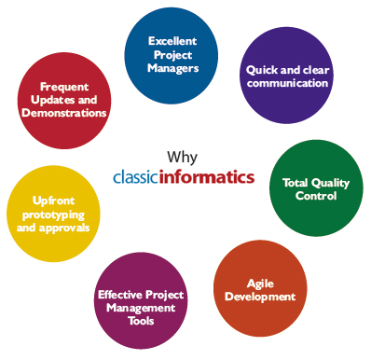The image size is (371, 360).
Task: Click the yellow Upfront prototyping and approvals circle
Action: (x=50, y=213)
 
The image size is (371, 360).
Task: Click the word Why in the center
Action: (x=181, y=156)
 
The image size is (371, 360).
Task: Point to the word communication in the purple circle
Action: (x=288, y=83)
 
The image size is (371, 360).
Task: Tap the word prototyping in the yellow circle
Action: (x=52, y=214)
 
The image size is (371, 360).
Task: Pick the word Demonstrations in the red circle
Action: (x=63, y=112)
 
